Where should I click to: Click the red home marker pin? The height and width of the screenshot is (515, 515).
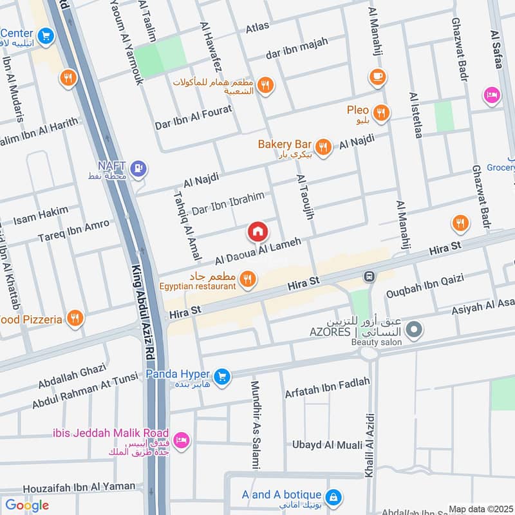coord(257,231)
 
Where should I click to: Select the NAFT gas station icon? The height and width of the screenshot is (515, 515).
coord(138,169)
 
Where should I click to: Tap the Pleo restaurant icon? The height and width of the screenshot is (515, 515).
coord(381,113)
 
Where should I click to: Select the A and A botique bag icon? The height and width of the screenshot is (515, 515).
coord(333,498)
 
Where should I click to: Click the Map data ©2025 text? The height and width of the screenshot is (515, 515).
coord(480,509)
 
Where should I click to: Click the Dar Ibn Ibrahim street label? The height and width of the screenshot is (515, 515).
coord(229,203)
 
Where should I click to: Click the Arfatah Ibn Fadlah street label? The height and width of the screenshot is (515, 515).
coord(327,388)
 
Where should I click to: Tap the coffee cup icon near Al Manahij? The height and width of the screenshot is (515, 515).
coord(378,77)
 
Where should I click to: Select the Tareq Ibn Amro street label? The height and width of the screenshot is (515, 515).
coord(73,231)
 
